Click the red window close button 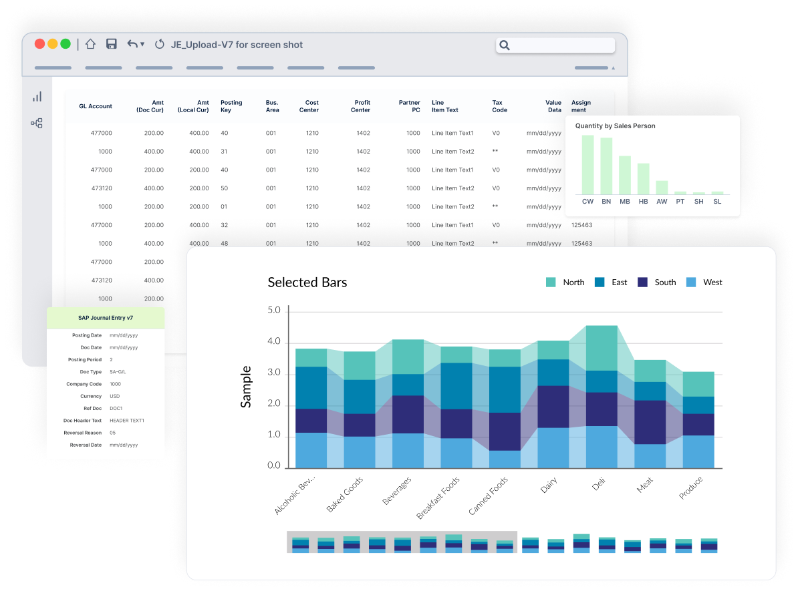[39, 43]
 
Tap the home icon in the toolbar [91, 43]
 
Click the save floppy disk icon [112, 43]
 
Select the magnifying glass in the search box [505, 45]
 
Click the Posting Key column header [231, 106]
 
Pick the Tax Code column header [499, 106]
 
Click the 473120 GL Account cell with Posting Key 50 [102, 188]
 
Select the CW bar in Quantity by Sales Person [588, 165]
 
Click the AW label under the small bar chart [662, 202]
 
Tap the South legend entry [657, 282]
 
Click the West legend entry [704, 282]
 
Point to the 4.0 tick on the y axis [274, 341]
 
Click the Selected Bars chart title [307, 282]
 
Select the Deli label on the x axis [599, 483]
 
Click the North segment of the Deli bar [602, 348]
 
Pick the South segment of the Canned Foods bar [505, 431]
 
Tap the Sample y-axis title [246, 387]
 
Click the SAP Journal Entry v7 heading [106, 318]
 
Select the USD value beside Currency [114, 396]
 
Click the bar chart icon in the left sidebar [37, 97]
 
